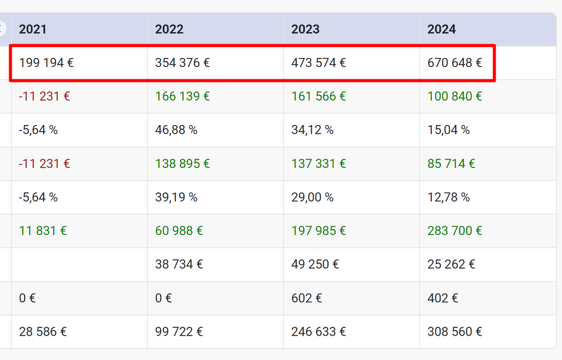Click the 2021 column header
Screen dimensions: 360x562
coord(33,29)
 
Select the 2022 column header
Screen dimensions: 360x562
coord(169,29)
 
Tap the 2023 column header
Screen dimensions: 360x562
coord(305,29)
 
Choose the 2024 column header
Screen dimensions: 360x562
coord(441,29)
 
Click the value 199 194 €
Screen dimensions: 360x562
coord(46,63)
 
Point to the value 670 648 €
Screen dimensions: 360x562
coord(455,63)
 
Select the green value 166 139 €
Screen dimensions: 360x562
coord(183,96)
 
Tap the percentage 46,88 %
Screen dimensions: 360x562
coord(176,130)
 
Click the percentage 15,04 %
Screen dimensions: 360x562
coord(448,130)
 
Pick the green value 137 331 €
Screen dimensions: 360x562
coord(318,164)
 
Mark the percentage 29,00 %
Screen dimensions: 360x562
coord(312,198)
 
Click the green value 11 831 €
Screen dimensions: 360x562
coord(43,231)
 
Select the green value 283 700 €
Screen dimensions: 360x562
coord(455,231)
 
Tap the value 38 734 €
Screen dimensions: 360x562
coord(179,264)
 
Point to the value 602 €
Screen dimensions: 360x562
coord(306,298)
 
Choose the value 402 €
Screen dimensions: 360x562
coord(443,298)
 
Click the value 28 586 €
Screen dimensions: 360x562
coord(43,332)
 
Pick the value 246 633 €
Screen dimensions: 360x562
coord(318,332)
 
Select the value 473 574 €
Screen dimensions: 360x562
coord(318,63)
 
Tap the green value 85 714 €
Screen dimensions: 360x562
coord(451,164)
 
